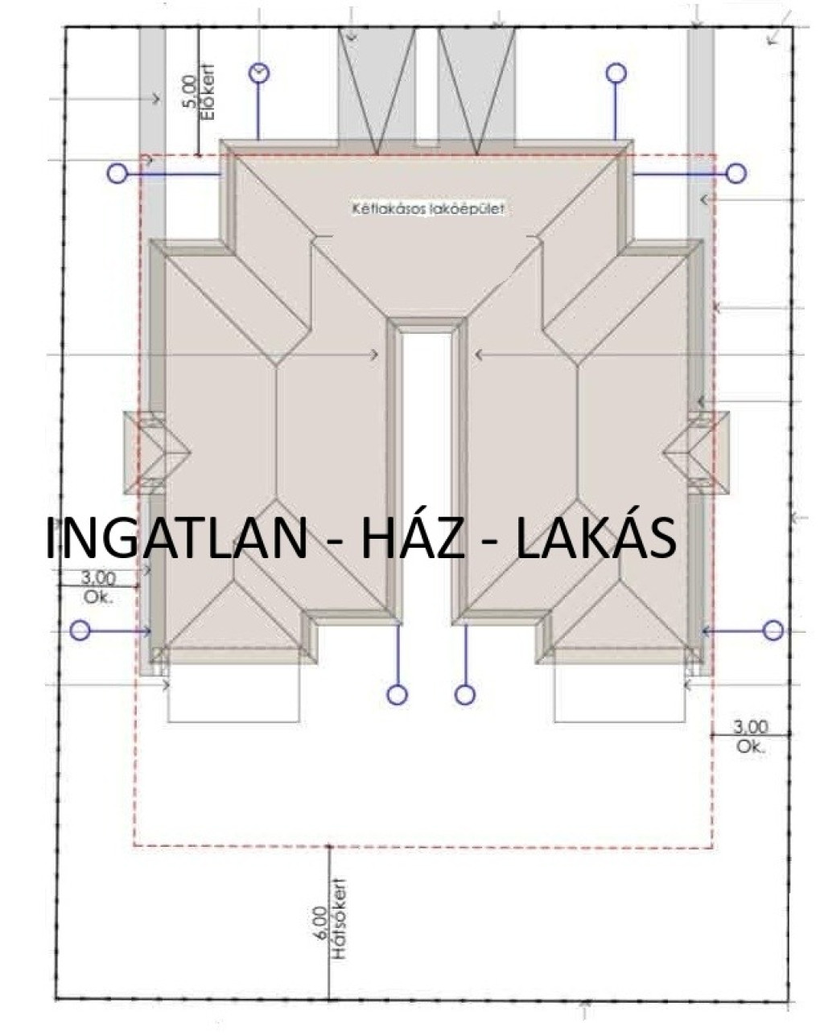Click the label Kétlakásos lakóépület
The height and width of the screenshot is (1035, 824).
click(428, 209)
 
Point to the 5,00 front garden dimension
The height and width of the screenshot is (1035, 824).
click(190, 92)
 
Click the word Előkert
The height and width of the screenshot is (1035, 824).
click(208, 92)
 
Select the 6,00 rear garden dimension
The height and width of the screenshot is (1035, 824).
click(319, 924)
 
